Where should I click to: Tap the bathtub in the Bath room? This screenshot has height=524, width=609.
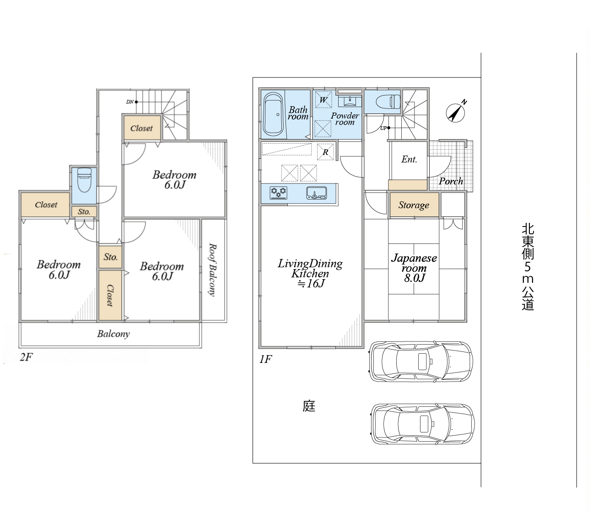[273, 114]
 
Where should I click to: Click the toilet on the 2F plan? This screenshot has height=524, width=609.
[84, 180]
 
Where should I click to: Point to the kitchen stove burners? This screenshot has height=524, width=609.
[279, 193]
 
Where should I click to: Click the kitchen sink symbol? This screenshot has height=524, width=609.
[317, 193]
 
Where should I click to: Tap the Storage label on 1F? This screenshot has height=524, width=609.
[414, 205]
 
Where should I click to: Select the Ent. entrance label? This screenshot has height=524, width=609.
[409, 159]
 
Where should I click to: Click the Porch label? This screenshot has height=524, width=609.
[451, 181]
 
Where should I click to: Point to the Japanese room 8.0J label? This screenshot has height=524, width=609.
[414, 268]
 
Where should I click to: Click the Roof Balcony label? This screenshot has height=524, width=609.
[212, 270]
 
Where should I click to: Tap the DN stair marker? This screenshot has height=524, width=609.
[131, 102]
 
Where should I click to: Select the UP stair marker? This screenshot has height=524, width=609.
[385, 128]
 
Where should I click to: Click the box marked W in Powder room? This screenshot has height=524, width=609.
[323, 100]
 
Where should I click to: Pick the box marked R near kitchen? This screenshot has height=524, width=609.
[325, 152]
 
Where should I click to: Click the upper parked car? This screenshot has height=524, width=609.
[421, 361]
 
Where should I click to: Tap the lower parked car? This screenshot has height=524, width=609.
[422, 423]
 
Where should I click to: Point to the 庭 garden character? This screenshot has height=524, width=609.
[309, 406]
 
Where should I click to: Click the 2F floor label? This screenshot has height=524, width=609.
[26, 357]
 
